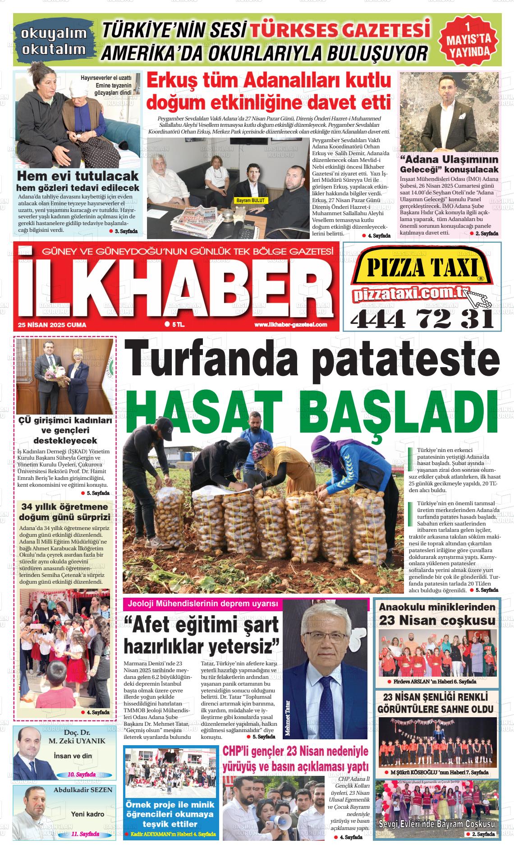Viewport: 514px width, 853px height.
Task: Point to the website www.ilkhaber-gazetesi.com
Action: click(290, 325)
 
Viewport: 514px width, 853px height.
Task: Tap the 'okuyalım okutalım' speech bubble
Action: click(54, 41)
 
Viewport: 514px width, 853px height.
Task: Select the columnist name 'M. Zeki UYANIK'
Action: click(77, 741)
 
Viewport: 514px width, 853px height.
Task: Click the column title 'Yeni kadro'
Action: click(87, 814)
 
